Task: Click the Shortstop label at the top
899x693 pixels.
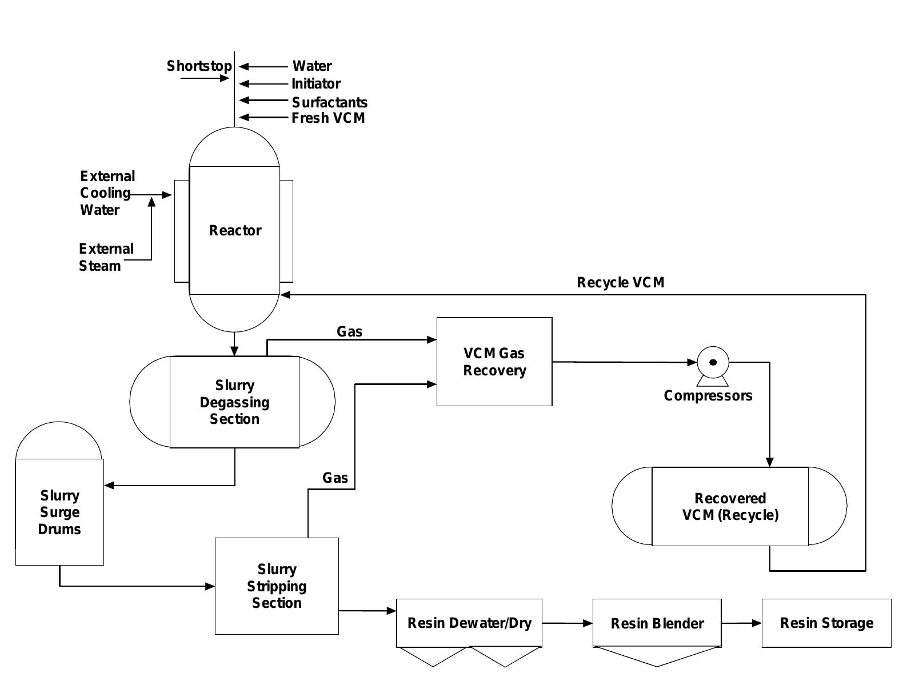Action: click(x=199, y=66)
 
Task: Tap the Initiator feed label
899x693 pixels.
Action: click(x=315, y=84)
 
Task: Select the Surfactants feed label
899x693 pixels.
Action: click(x=329, y=102)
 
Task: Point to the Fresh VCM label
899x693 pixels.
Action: click(x=328, y=118)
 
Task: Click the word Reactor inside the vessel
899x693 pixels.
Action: click(x=235, y=231)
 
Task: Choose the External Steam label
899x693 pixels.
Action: click(x=106, y=257)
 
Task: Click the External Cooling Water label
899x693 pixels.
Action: click(x=106, y=193)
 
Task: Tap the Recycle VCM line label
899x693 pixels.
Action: click(x=620, y=283)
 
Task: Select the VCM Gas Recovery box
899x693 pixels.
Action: click(x=494, y=362)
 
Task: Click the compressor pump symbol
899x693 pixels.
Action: click(x=713, y=362)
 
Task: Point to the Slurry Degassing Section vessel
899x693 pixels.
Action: click(x=234, y=402)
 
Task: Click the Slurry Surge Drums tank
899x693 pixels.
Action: click(x=59, y=512)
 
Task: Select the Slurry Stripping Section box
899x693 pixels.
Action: click(x=277, y=586)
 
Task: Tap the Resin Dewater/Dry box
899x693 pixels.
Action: click(x=469, y=623)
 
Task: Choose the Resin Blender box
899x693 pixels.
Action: click(x=657, y=623)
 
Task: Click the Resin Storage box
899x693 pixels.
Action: click(x=826, y=623)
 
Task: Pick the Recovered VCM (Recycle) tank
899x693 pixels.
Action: click(x=730, y=507)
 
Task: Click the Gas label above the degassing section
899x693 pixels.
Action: click(x=349, y=332)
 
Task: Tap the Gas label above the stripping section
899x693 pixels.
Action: click(x=335, y=478)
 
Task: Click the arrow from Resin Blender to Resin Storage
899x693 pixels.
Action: click(x=741, y=623)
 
